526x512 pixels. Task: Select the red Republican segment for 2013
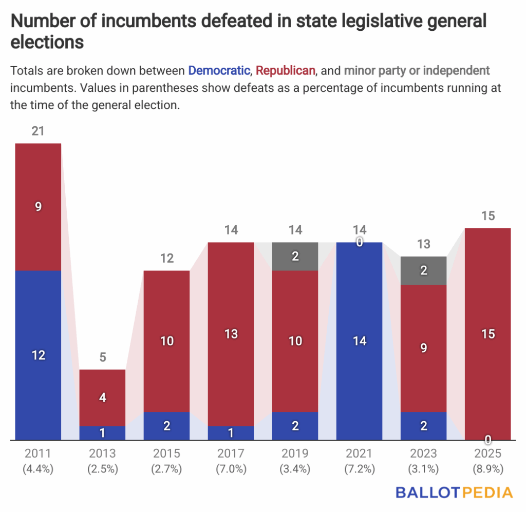click(102, 398)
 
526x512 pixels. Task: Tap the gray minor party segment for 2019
click(295, 256)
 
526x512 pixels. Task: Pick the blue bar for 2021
click(359, 341)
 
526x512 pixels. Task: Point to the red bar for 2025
click(487, 333)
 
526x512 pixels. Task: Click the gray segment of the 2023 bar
click(423, 270)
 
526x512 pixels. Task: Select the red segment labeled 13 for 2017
click(231, 334)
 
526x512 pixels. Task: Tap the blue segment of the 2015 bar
click(166, 426)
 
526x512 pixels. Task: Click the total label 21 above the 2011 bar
click(38, 131)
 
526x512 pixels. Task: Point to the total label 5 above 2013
click(102, 358)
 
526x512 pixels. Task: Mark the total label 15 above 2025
click(487, 216)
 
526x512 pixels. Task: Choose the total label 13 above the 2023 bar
click(423, 244)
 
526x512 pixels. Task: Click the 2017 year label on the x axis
click(231, 454)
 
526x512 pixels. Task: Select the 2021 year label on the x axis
click(359, 454)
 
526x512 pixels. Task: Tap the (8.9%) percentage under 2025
click(487, 469)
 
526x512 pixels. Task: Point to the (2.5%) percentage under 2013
click(102, 469)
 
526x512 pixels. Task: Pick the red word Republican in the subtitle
click(285, 70)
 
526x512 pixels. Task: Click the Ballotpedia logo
click(454, 493)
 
